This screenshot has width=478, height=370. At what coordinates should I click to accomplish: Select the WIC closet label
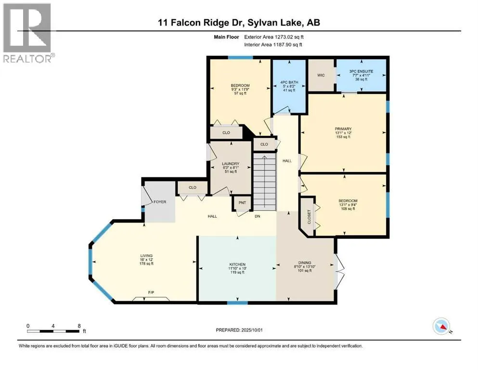pyautogui.click(x=322, y=75)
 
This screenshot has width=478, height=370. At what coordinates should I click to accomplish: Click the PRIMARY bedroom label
pyautogui.click(x=343, y=129)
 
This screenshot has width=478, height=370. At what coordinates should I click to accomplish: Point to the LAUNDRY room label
pyautogui.click(x=231, y=164)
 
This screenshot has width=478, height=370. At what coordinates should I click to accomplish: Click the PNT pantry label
pyautogui.click(x=243, y=202)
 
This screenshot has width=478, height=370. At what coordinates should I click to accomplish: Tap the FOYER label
pyautogui.click(x=160, y=202)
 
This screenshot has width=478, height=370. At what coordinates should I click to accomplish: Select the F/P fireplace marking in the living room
pyautogui.click(x=151, y=293)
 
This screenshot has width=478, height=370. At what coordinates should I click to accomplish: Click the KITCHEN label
pyautogui.click(x=237, y=264)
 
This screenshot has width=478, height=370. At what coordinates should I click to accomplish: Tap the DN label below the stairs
pyautogui.click(x=258, y=216)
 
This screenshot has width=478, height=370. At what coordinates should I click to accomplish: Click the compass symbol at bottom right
pyautogui.click(x=441, y=327)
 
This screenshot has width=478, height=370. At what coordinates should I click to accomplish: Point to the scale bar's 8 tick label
pyautogui.click(x=79, y=325)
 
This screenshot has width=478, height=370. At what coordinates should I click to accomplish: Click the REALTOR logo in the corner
pyautogui.click(x=28, y=33)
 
